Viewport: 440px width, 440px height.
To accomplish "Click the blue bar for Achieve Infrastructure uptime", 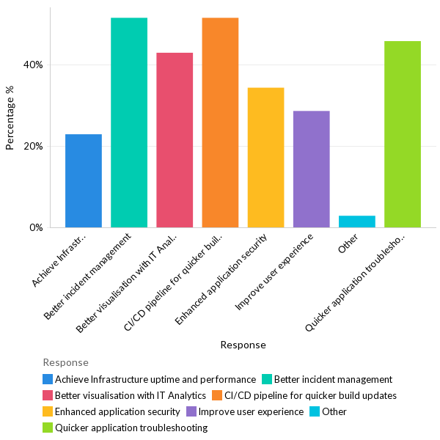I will [84, 180].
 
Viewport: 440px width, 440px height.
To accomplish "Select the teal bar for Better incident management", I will [129, 122].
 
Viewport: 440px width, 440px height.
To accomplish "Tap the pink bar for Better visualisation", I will [175, 140].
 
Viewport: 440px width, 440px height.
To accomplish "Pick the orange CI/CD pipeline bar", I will [220, 122].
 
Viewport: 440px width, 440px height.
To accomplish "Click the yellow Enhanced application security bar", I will [265, 158].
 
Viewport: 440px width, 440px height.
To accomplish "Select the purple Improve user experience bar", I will [311, 169].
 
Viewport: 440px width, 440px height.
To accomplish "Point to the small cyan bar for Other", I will [356, 221].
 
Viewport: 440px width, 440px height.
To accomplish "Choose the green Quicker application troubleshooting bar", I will [402, 134].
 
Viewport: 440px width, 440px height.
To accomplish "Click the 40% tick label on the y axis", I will [33, 65].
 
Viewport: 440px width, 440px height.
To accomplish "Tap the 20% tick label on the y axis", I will [33, 146].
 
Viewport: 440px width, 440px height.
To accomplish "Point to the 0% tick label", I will [36, 227].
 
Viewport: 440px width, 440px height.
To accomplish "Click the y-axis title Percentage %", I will [10, 117].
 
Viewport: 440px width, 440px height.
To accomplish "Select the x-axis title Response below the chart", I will [243, 345].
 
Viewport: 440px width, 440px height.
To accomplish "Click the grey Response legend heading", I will [65, 362].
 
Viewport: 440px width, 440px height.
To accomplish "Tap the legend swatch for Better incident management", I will [267, 379].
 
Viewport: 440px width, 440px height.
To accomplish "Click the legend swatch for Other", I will [315, 411].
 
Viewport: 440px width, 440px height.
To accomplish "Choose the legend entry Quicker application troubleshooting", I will [131, 428].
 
